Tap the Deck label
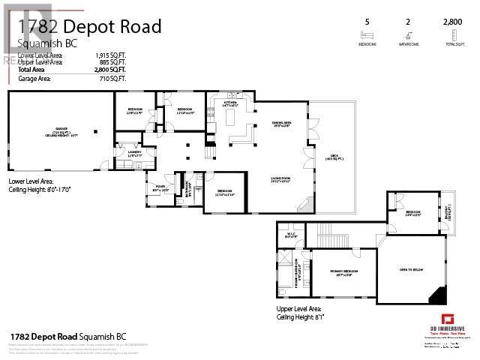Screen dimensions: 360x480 pyautogui.click(x=333, y=157)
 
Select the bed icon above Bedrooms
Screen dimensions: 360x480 pyautogui.click(x=367, y=34)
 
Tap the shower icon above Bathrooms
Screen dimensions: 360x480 pyautogui.click(x=408, y=34)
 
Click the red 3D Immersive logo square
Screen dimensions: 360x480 pyautogui.click(x=448, y=319)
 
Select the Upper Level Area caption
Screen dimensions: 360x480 pyautogui.click(x=299, y=309)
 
